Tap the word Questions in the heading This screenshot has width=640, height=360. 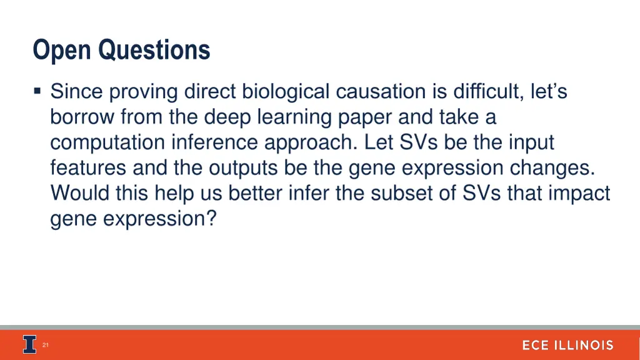154,50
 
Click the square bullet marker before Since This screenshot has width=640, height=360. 38,92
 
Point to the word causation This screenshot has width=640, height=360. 380,92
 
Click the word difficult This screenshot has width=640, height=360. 485,92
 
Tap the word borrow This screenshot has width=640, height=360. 82,117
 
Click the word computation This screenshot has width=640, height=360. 107,143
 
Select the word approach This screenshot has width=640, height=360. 310,143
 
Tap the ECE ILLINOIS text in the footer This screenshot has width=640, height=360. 567,346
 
